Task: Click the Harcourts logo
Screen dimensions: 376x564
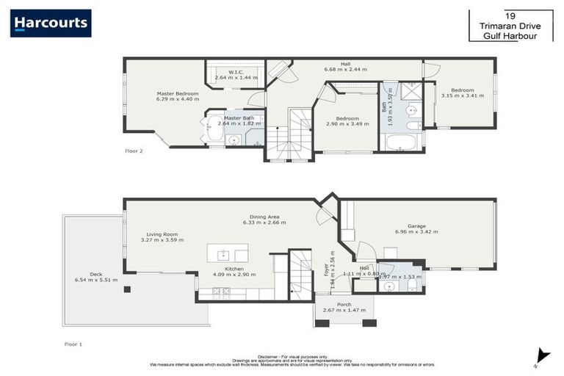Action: pyautogui.click(x=51, y=23)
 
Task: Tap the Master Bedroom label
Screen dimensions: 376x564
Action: pyautogui.click(x=178, y=94)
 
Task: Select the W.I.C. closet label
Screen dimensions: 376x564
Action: pyautogui.click(x=235, y=72)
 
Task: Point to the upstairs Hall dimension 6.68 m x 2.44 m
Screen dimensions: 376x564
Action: pyautogui.click(x=345, y=70)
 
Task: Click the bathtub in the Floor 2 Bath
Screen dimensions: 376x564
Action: pyautogui.click(x=401, y=141)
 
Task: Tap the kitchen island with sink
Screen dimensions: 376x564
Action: pyautogui.click(x=227, y=255)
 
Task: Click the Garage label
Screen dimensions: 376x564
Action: pyautogui.click(x=422, y=227)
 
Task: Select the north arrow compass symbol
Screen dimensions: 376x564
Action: pyautogui.click(x=542, y=355)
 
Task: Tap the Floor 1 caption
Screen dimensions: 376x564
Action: pyautogui.click(x=73, y=343)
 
